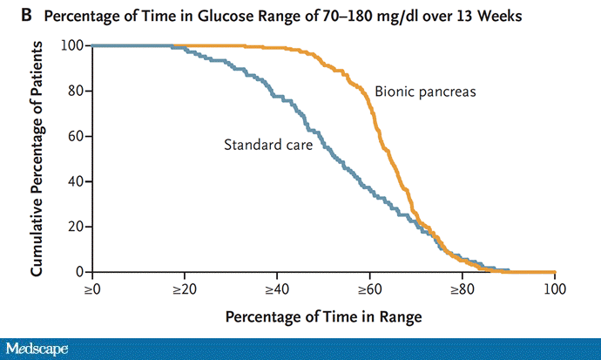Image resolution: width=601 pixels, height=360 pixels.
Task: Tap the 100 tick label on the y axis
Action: click(x=72, y=45)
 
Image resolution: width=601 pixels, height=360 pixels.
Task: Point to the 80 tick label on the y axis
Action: click(x=76, y=91)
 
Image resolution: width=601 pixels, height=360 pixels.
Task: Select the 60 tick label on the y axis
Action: click(x=76, y=136)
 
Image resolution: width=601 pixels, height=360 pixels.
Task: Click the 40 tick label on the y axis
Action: click(x=76, y=181)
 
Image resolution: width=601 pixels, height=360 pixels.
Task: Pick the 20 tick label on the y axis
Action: click(x=76, y=227)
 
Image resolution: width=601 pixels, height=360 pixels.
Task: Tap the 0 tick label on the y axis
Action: click(x=79, y=272)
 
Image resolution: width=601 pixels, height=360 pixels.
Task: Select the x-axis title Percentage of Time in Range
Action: click(x=323, y=316)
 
